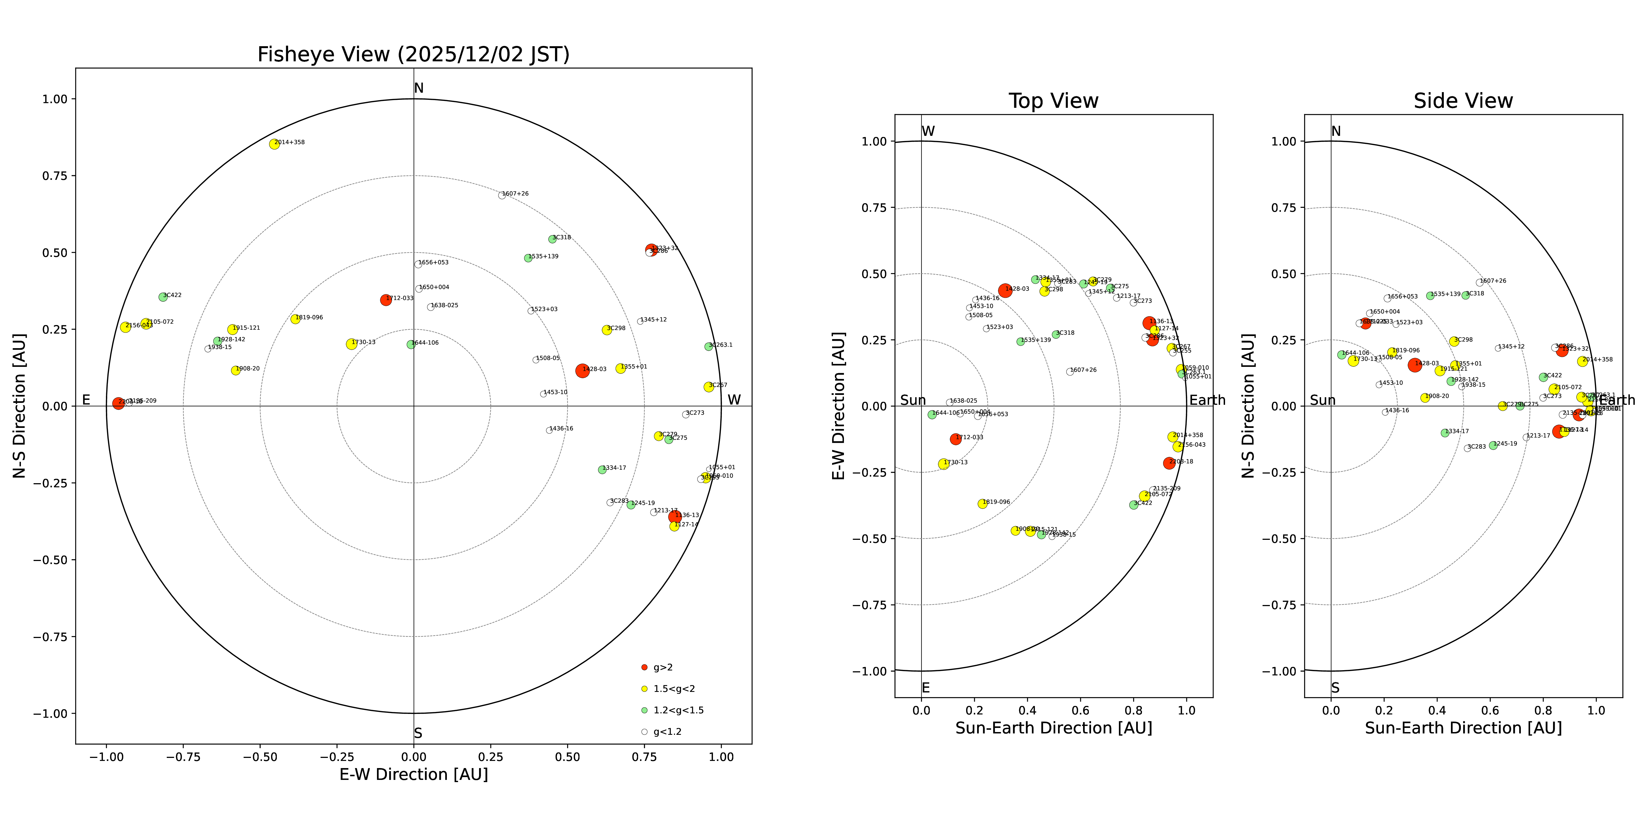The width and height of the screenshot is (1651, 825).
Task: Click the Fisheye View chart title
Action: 413,54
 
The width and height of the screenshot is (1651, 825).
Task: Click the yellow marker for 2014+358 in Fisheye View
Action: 274,144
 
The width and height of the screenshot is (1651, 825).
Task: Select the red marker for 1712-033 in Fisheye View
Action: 386,300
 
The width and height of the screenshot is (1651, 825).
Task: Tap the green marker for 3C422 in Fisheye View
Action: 163,297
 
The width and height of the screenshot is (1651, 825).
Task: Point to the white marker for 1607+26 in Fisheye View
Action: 502,195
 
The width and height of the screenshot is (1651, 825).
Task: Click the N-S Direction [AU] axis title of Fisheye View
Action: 19,405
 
